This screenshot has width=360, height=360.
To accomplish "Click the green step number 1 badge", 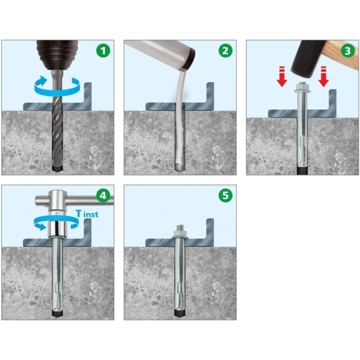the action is coord(103,51).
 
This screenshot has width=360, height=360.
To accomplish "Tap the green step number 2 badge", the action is coord(226,51).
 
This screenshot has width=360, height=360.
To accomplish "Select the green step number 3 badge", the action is coord(348,51).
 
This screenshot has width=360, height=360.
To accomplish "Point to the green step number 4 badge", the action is coord(103,195).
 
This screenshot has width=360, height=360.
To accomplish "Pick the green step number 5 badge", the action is coord(226,195).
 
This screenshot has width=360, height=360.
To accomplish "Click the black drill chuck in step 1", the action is coord(57,55).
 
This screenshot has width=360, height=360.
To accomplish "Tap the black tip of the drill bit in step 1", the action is coord(57,168).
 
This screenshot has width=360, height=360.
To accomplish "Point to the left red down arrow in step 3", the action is coord(282,76).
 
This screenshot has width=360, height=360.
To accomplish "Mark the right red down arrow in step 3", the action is coord(323,76).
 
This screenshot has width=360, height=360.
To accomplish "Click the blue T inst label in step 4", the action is coord(87,214).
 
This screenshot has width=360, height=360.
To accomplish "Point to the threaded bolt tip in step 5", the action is coord(180,227).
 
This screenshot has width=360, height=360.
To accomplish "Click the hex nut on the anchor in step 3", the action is coord(302,87).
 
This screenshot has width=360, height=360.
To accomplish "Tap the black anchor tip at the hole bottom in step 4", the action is coord(57,314).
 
